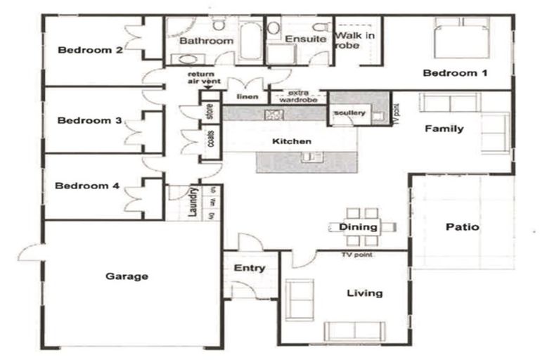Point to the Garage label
click(127, 276)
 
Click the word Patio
click(463, 227)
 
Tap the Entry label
click(249, 268)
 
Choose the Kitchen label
click(291, 142)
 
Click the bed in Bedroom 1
click(461, 41)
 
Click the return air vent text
click(204, 78)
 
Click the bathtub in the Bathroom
click(250, 41)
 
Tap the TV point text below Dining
click(356, 255)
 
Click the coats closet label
click(210, 140)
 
